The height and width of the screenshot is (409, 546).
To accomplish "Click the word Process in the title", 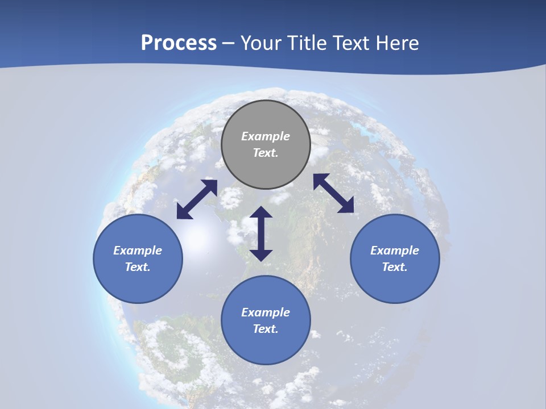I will (179, 43).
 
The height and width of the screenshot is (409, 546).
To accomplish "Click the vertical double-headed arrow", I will (261, 233).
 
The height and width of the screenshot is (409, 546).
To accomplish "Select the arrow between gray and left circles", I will (197, 199).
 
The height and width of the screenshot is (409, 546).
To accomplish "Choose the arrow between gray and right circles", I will (334, 193).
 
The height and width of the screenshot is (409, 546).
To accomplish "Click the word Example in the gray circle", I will (266, 136).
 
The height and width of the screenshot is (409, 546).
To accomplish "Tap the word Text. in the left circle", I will (138, 267).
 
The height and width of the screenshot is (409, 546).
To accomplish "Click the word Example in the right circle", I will (395, 251).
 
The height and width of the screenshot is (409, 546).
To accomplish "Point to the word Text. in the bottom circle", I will (266, 329).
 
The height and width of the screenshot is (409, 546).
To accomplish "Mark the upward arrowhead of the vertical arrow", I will (261, 212).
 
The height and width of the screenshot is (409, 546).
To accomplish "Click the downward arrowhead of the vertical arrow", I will (261, 254).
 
